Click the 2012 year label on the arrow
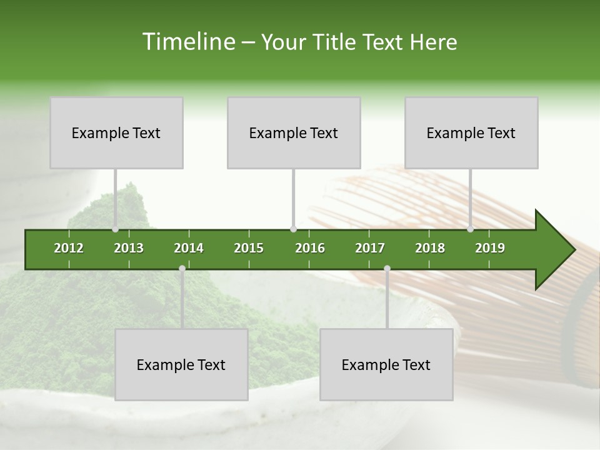[x=69, y=248]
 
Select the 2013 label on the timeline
[x=129, y=248]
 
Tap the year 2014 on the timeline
[x=189, y=248]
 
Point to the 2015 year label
[x=249, y=248]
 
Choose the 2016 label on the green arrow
[x=310, y=248]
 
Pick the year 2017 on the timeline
[x=370, y=248]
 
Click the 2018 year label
[x=430, y=248]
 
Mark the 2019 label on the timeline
[x=490, y=248]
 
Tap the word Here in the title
[x=433, y=42]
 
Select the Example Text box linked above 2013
[x=116, y=132]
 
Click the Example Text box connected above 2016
[x=294, y=132]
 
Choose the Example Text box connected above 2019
[x=471, y=132]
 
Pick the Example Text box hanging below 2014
[x=181, y=364]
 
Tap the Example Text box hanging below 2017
[x=386, y=364]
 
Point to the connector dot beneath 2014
[x=182, y=268]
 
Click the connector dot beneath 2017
[x=387, y=268]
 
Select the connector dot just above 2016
[x=293, y=229]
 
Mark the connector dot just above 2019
[x=471, y=229]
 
